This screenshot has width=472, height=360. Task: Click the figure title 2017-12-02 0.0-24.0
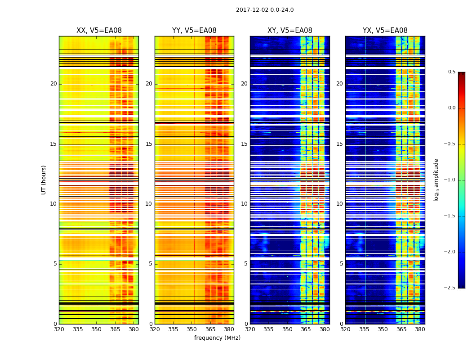click(265, 10)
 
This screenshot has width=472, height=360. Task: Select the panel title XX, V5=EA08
click(99, 31)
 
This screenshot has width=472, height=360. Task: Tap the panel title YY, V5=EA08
click(194, 31)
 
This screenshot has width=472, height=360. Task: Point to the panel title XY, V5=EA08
click(290, 31)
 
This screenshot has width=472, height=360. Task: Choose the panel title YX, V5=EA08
click(385, 31)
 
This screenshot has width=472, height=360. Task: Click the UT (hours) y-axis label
click(44, 180)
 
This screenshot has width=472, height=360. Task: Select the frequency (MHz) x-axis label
click(217, 338)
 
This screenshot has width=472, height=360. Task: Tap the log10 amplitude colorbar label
click(436, 180)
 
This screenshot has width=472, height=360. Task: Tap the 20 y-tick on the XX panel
click(53, 84)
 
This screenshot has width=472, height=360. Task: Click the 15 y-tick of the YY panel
click(149, 144)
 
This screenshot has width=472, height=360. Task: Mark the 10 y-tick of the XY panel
click(245, 204)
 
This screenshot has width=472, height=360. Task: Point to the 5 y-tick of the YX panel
click(341, 264)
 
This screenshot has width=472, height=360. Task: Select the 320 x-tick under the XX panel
click(59, 329)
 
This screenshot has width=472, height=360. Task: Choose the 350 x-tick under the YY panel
click(192, 329)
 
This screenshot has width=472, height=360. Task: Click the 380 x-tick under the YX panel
click(420, 329)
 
